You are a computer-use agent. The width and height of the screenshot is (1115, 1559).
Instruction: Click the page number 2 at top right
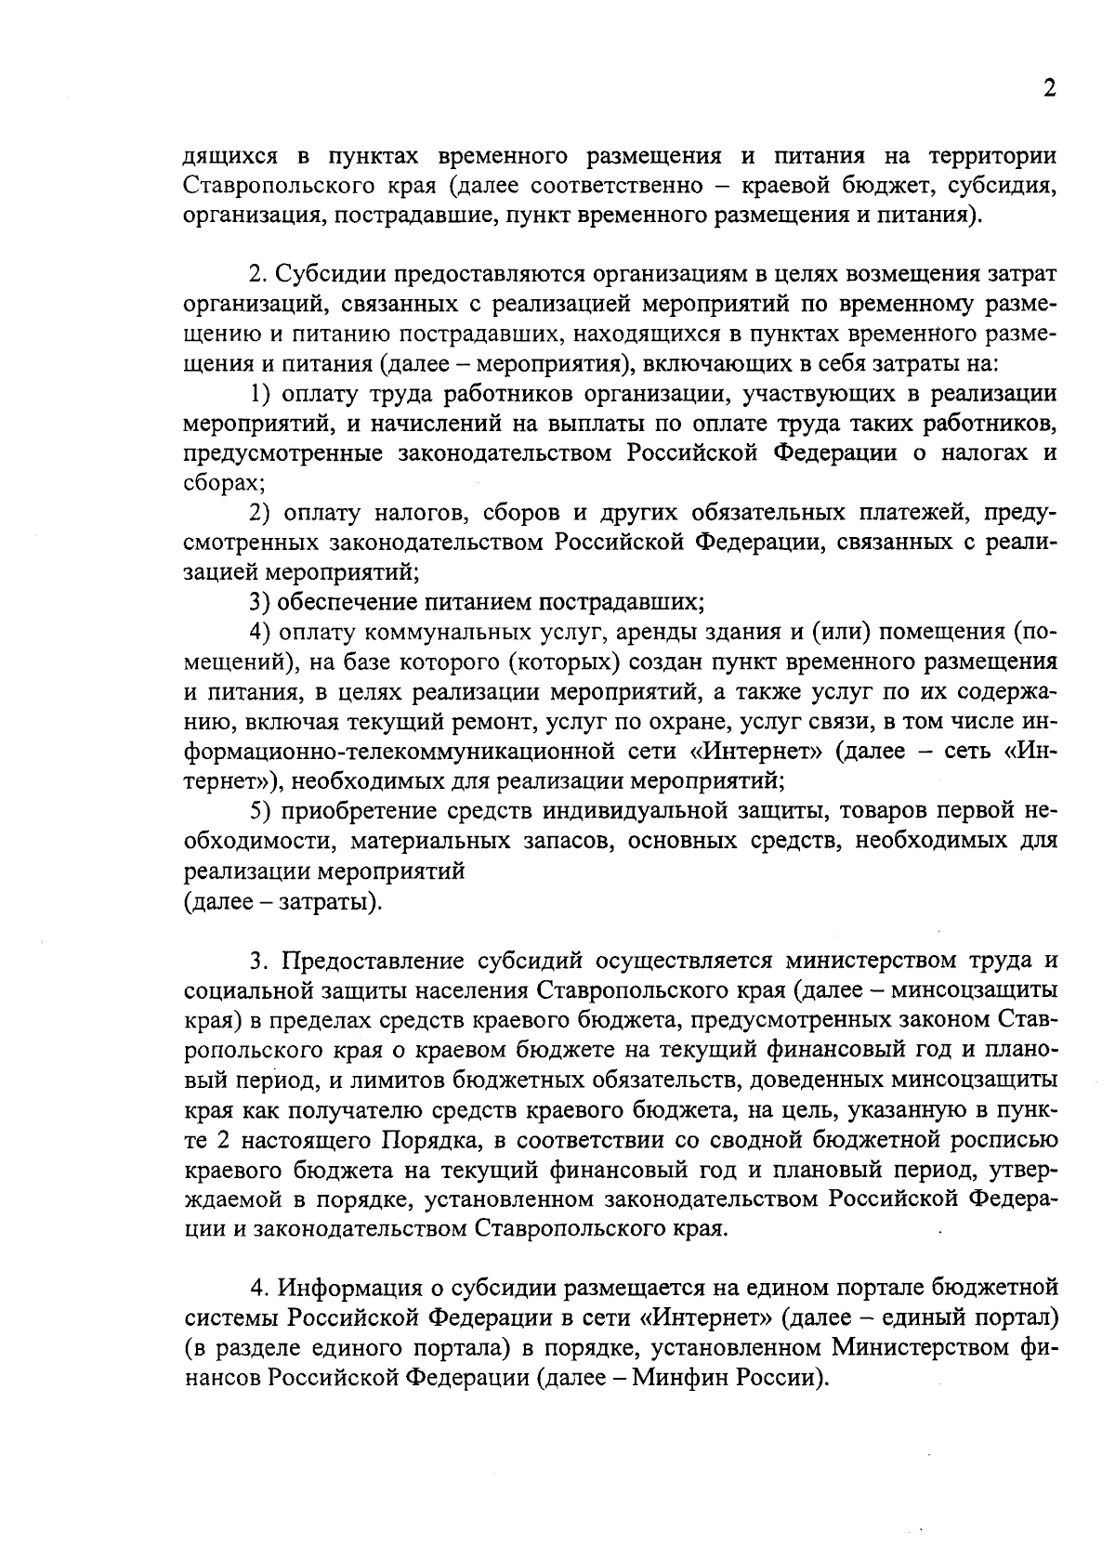point(1049,89)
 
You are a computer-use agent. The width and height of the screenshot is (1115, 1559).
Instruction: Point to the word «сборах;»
point(219,483)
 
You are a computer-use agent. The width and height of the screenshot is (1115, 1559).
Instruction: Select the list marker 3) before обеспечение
point(260,602)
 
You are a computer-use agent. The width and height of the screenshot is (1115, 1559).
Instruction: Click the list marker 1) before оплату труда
point(261,394)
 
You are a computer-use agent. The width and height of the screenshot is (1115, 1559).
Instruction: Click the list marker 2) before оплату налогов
point(261,513)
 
